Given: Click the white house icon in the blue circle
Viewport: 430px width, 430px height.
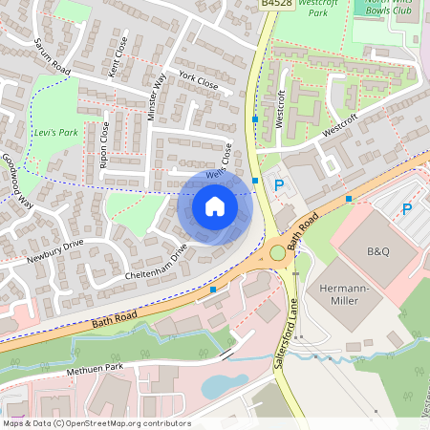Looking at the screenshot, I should point(215,205).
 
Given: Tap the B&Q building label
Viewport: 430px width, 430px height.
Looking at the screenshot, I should point(378,252).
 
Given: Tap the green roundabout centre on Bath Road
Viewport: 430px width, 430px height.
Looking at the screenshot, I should point(278,253).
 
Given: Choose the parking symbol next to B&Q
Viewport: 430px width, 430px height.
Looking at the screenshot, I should point(406,208).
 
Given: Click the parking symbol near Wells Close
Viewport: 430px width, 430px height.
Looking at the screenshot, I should point(279,185).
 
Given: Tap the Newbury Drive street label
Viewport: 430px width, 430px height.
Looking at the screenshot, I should point(55,249).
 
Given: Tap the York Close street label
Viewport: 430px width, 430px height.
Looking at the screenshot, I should point(199,82).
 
